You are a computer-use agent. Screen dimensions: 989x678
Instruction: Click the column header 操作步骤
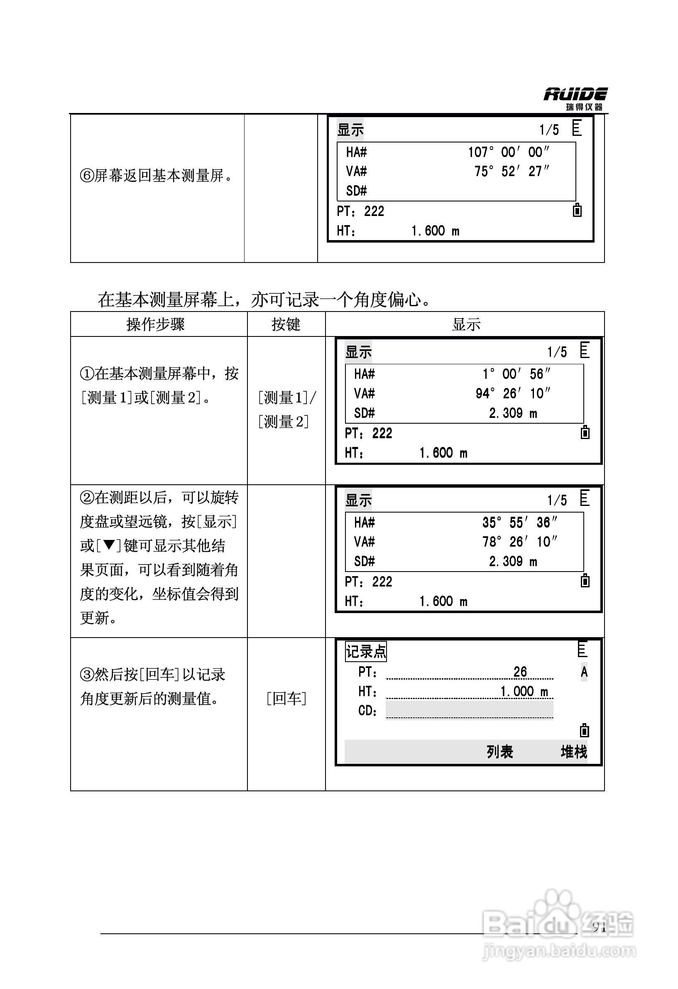156,324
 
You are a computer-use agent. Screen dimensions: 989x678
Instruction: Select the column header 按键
286,324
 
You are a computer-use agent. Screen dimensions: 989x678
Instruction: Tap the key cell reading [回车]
286,698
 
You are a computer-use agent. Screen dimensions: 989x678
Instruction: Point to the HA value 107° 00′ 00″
509,152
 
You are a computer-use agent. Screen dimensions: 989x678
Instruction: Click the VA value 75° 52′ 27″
512,171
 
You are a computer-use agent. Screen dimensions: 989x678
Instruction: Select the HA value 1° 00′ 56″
516,374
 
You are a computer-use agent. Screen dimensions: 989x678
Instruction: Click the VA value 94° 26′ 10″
513,393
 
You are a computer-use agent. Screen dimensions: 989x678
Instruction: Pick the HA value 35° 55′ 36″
520,522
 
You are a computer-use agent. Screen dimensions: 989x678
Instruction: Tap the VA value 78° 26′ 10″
520,542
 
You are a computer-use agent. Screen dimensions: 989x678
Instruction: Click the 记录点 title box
366,652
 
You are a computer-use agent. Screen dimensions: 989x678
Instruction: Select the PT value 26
520,672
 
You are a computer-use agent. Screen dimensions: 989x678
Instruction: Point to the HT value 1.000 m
524,691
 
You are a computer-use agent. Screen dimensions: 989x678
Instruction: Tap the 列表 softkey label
500,752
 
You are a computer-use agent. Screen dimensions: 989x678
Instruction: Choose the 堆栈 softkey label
573,752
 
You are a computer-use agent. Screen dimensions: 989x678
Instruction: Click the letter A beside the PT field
584,672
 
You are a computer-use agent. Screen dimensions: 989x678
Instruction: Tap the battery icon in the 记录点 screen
585,730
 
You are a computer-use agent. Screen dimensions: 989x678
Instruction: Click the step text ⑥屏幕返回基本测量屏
157,175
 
